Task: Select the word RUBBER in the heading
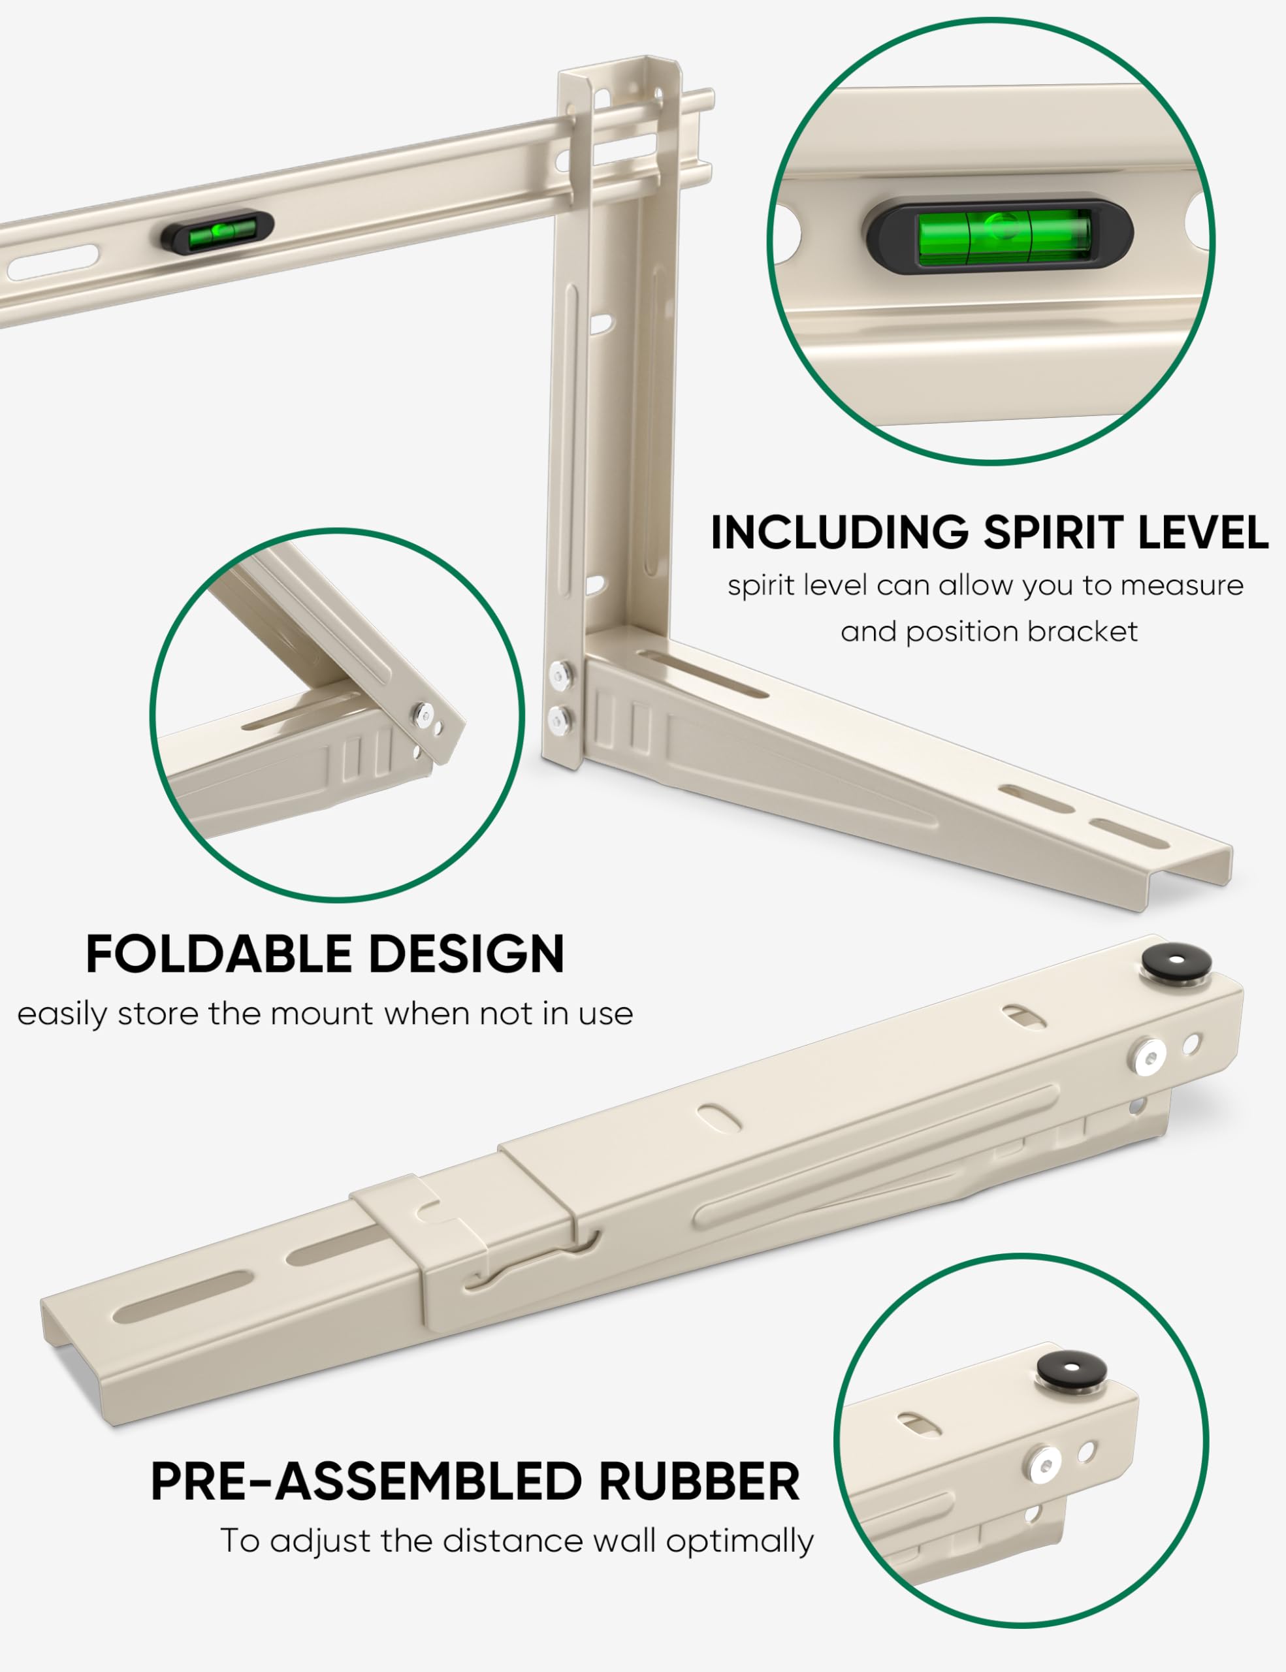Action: click(699, 1481)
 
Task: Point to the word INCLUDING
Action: click(839, 532)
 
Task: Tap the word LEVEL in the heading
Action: click(1202, 532)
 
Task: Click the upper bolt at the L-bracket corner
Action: click(562, 674)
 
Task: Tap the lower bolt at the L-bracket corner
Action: click(562, 718)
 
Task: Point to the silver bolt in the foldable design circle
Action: click(422, 715)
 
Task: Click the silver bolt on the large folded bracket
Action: click(1148, 1058)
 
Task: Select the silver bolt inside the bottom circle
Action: click(1045, 1464)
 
